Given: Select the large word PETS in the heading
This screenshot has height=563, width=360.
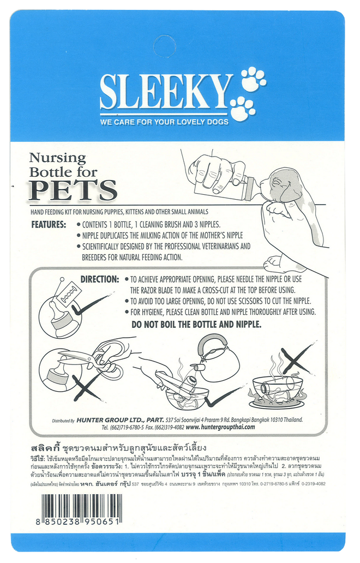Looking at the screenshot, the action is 73,190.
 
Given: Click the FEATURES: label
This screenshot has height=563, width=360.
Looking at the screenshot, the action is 49,225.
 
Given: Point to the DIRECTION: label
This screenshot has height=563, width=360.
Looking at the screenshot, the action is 100,279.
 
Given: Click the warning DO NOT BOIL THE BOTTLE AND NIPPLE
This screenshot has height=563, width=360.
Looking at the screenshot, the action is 196,325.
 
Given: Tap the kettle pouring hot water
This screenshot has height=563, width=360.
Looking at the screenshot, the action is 217,359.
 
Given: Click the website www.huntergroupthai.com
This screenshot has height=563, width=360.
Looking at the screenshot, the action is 220,427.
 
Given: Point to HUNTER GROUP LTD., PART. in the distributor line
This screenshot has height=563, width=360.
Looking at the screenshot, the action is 121,420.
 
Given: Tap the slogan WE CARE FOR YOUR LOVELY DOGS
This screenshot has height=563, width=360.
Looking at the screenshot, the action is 164,122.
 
